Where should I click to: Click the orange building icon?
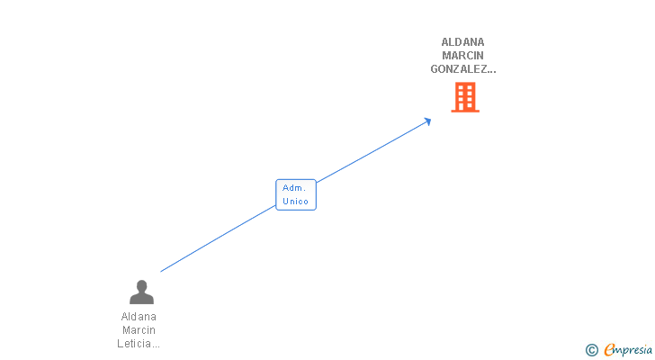coord(464,97)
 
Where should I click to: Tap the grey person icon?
coord(141,292)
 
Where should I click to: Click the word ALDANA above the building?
coord(463,41)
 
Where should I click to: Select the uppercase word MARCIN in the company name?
coord(463,55)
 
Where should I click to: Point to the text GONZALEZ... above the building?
coord(463,68)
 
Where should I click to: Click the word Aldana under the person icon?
coord(139,317)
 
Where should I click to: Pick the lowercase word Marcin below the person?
coord(139,330)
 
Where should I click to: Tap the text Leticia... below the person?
coord(139,344)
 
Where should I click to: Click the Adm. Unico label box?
coord(295,194)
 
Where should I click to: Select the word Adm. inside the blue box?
coord(294,188)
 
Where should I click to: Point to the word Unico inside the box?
coord(295,202)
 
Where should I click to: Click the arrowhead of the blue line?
coord(428,121)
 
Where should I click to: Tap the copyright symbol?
coord(591,350)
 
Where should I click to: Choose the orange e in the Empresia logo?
coord(609,350)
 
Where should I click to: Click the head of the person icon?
coord(141,286)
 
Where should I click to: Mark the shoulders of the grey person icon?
coord(141,299)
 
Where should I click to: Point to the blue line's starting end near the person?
coord(162,270)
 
